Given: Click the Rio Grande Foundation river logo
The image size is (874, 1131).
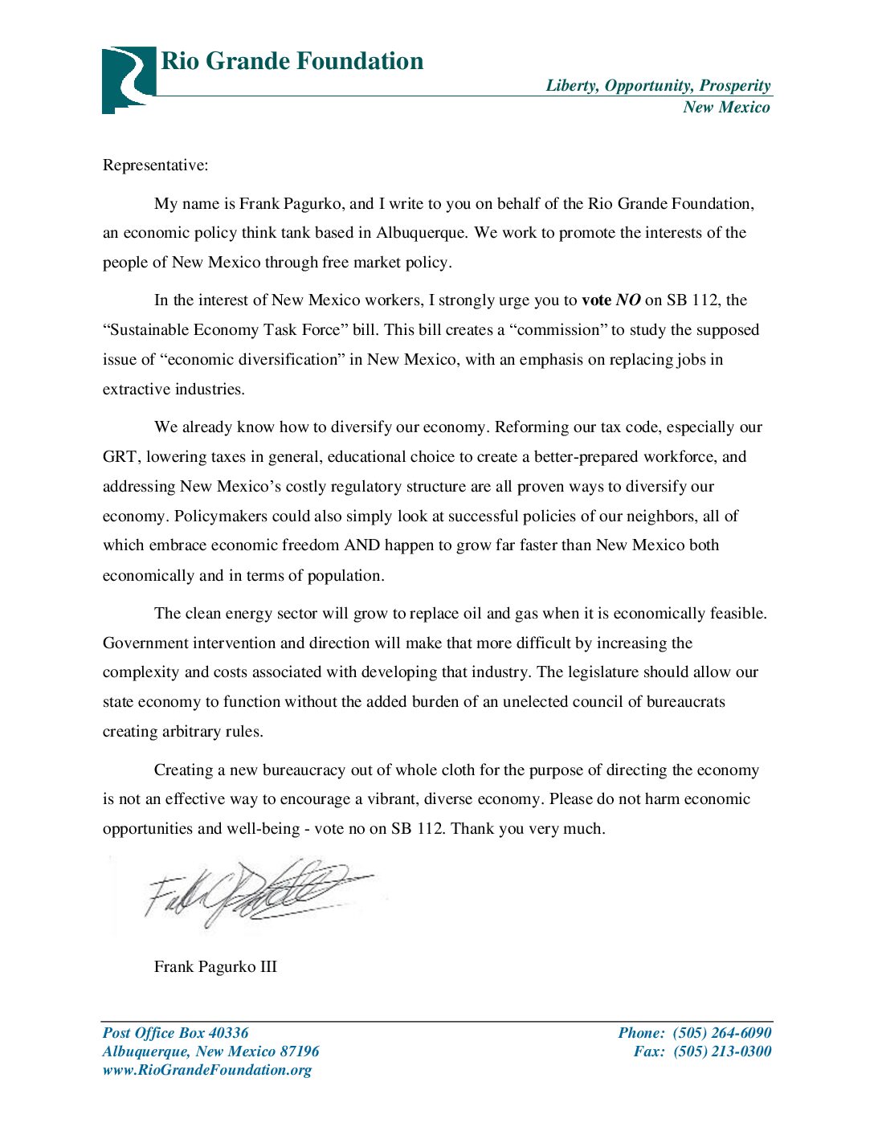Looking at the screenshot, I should click(x=128, y=79).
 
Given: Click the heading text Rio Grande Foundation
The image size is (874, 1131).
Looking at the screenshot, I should click(x=292, y=61).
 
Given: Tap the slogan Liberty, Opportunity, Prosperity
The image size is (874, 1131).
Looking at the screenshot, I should click(x=658, y=86).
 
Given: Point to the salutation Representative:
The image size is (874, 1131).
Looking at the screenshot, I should click(x=155, y=165).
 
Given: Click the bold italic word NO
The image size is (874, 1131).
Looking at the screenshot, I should click(x=628, y=300).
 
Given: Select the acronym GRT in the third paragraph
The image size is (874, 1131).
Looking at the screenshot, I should click(x=120, y=457).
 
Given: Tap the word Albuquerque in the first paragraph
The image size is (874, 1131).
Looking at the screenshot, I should click(x=421, y=233).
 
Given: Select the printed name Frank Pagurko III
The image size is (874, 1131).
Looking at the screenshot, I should click(x=215, y=966).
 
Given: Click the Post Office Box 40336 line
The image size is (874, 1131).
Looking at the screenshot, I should click(x=175, y=1033).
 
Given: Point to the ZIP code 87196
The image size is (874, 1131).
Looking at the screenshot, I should click(x=299, y=1051).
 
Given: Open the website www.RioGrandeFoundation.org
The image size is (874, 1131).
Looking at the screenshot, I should click(x=206, y=1070).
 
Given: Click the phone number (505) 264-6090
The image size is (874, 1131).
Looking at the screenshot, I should click(x=721, y=1033).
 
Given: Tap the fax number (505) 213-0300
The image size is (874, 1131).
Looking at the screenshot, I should click(x=721, y=1051).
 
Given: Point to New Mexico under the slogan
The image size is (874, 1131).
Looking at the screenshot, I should click(x=726, y=108).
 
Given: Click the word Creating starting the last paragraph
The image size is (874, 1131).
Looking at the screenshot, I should click(x=183, y=770).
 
